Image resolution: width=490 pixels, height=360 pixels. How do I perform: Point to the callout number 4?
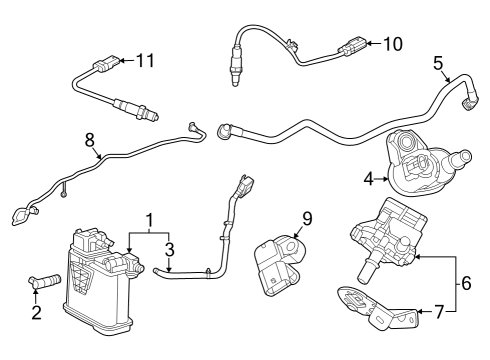(x=368, y=179)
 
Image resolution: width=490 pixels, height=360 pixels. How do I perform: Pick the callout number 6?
(x=466, y=284)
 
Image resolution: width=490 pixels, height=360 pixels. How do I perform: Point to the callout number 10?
(x=393, y=43)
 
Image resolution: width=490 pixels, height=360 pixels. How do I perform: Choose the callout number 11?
(x=145, y=62)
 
